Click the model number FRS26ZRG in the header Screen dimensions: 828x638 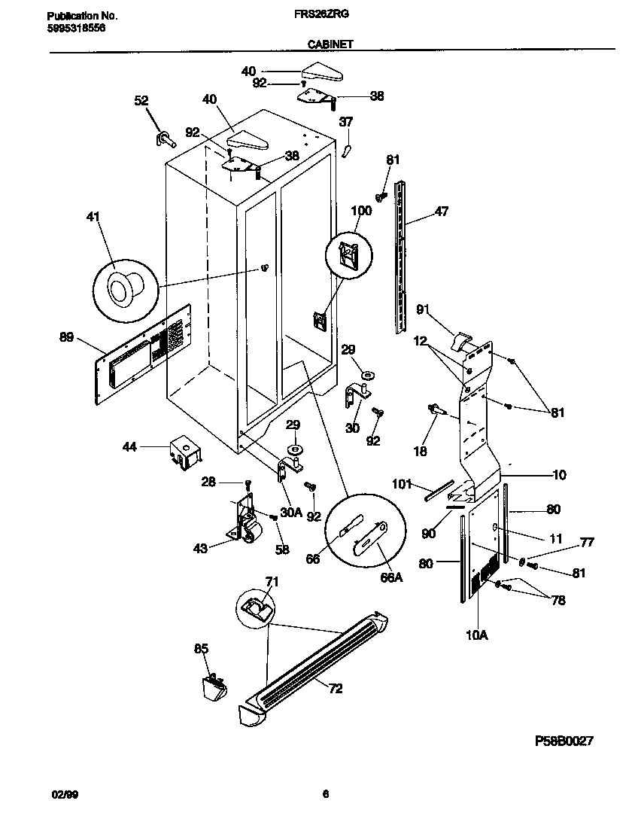[329, 14]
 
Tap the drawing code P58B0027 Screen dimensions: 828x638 [564, 741]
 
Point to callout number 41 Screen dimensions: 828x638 [93, 218]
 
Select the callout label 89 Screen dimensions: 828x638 [66, 337]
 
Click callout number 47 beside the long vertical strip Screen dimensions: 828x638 [441, 212]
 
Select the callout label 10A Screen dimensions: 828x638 [477, 635]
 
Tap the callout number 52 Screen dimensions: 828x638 [141, 100]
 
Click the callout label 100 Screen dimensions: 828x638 [361, 211]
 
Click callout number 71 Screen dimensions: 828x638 [271, 580]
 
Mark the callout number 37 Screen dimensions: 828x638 [345, 121]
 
